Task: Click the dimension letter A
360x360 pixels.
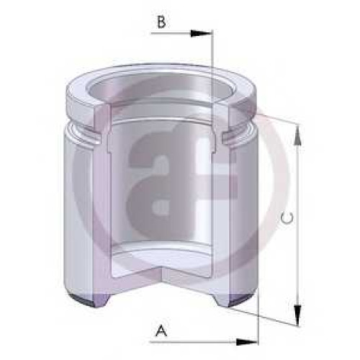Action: [x=161, y=330]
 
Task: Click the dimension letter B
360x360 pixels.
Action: [x=161, y=22]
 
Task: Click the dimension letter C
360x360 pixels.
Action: [x=287, y=218]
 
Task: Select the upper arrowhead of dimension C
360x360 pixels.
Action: [x=297, y=136]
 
